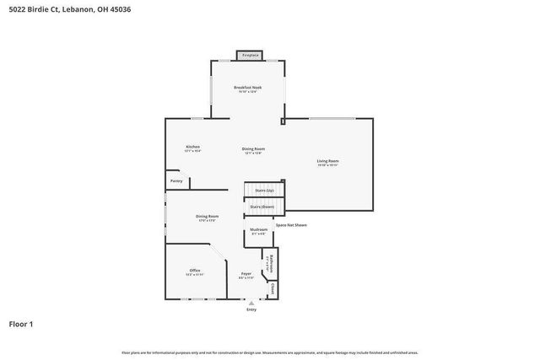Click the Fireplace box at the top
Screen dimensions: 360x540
click(250, 56)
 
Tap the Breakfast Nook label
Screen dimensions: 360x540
click(247, 88)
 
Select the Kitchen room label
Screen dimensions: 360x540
click(192, 147)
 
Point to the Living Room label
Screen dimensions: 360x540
click(327, 161)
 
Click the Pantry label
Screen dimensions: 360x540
click(175, 180)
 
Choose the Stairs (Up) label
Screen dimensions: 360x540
click(264, 191)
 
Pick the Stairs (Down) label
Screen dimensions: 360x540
click(262, 207)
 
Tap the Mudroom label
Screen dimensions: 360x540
click(258, 229)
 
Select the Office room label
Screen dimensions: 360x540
click(194, 270)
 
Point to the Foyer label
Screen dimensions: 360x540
click(246, 273)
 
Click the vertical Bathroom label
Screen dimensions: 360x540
click(268, 262)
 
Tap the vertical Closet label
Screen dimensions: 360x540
click(273, 289)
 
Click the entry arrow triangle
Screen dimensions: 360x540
click(251, 302)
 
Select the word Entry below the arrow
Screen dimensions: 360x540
click(251, 309)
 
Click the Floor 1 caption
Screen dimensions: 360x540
click(21, 324)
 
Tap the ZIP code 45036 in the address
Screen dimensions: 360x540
click(121, 9)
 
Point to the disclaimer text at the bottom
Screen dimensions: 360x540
click(270, 352)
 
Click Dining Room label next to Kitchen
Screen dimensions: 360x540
click(253, 149)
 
